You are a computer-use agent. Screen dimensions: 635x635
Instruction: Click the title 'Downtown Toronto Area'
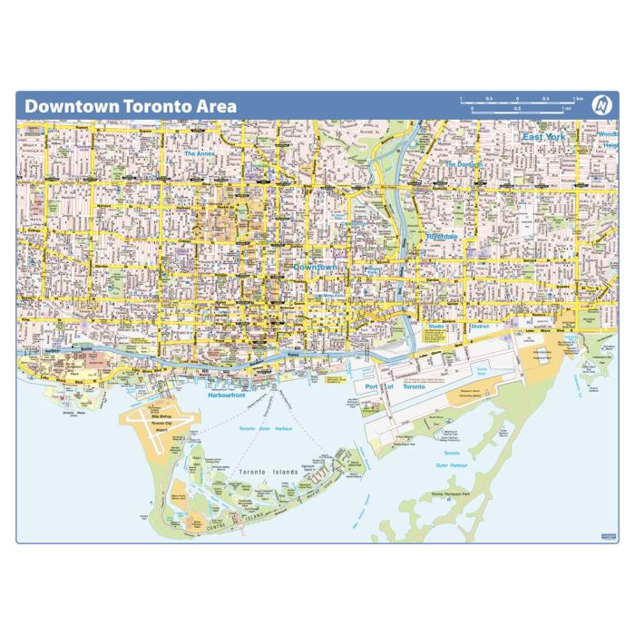point(131,106)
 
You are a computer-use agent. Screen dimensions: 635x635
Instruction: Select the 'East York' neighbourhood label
point(543,137)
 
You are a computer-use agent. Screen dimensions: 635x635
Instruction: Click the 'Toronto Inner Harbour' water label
point(266,427)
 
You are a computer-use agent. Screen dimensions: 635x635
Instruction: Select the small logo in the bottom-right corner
point(607,537)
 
